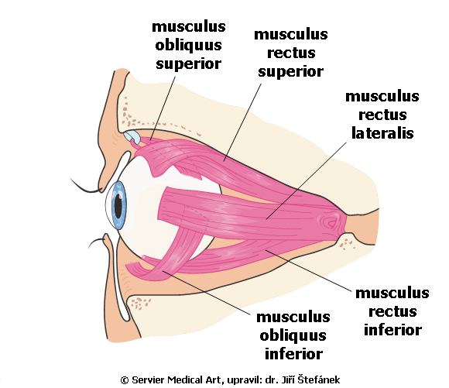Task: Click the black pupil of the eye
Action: pyautogui.click(x=118, y=206)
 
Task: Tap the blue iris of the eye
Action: pyautogui.click(x=118, y=206)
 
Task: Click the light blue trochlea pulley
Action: pyautogui.click(x=132, y=136)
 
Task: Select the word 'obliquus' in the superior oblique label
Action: pyautogui.click(x=188, y=45)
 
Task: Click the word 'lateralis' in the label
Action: pyautogui.click(x=382, y=133)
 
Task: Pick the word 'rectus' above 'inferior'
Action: pyautogui.click(x=392, y=311)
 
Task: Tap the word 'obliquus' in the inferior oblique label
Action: pyautogui.click(x=293, y=335)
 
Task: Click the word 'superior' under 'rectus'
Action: pyautogui.click(x=290, y=71)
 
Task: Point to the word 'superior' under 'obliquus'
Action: pyautogui.click(x=188, y=64)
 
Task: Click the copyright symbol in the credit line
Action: pyautogui.click(x=125, y=380)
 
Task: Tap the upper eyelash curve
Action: pyautogui.click(x=86, y=187)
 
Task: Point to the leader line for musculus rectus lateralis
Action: pyautogui.click(x=306, y=180)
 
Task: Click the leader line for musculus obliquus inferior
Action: pyautogui.click(x=206, y=292)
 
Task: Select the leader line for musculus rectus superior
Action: pyautogui.click(x=242, y=122)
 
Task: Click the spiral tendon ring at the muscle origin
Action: pyautogui.click(x=330, y=221)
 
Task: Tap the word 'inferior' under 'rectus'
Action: pyautogui.click(x=392, y=330)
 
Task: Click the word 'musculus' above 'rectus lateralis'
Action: pyautogui.click(x=382, y=96)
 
